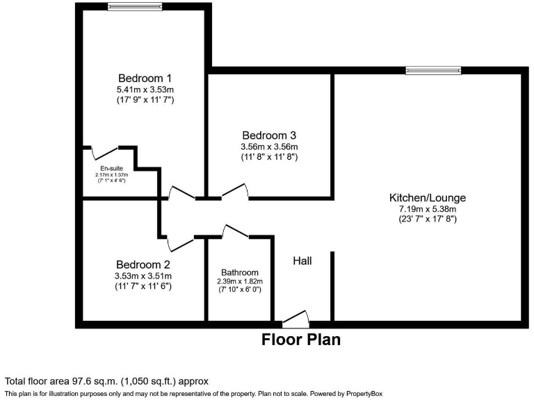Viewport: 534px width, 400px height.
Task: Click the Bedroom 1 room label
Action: (145, 77)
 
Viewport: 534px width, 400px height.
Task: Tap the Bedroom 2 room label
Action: (143, 265)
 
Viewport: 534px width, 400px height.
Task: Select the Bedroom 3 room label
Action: (269, 135)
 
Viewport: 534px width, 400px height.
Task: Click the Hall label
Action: (302, 261)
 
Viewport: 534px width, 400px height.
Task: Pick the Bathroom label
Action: (240, 272)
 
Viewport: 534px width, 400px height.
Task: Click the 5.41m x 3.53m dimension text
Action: (145, 89)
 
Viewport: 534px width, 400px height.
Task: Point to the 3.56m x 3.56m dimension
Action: (269, 147)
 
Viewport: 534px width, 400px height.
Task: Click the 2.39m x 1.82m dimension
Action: (240, 281)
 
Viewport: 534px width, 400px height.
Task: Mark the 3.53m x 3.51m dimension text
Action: (143, 276)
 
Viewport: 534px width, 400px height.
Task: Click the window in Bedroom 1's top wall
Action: (135, 7)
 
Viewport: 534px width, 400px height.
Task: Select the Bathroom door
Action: (235, 232)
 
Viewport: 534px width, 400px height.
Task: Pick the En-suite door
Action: (106, 151)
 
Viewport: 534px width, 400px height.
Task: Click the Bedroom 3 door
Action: (234, 191)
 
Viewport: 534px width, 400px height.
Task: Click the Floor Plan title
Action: (301, 340)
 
